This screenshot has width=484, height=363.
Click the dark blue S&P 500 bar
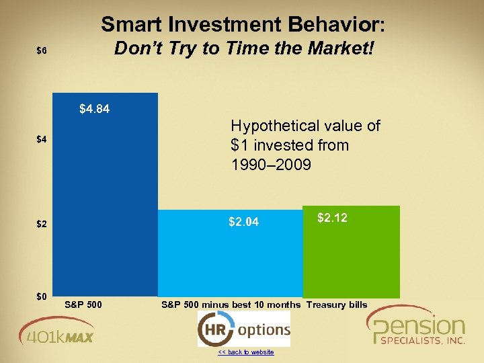coord(108,202)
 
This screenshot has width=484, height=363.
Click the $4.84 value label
coord(94,108)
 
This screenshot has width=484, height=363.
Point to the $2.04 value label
coord(243,222)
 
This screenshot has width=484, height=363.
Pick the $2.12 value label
coord(332,218)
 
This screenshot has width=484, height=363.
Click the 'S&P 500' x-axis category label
coord(83,305)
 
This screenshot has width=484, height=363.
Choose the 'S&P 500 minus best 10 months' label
coord(231,305)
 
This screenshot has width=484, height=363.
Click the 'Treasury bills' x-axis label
coord(337,305)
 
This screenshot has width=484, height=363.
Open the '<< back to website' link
coord(246,352)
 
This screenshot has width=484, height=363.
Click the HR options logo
coord(243,330)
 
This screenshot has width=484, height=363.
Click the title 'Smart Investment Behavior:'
coord(243,26)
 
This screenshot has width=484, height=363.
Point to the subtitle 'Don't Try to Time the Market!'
coord(243,49)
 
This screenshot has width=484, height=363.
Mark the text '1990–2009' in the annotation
coord(271,164)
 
